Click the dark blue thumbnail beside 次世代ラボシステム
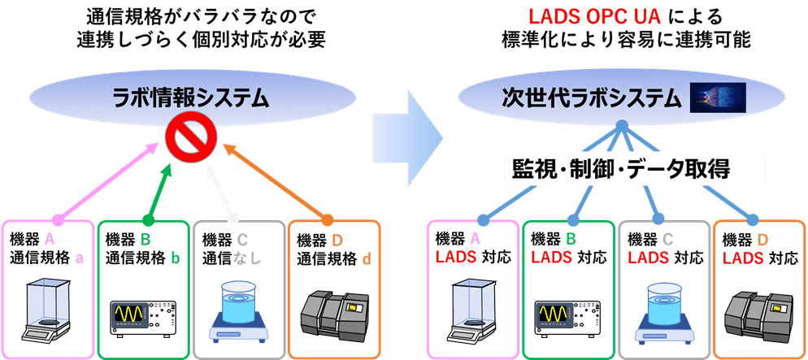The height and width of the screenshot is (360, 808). coord(717,98)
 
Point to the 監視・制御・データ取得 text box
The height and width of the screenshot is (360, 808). coord(635,168)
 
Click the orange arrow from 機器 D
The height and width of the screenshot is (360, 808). coord(276,183)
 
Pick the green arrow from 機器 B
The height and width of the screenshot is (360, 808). coord(158,191)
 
